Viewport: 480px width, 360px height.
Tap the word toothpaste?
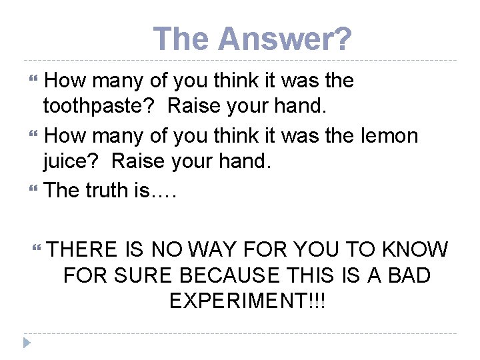tap(101, 107)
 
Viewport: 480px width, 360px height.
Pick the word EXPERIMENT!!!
tap(247, 300)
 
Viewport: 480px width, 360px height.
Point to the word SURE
tap(146, 275)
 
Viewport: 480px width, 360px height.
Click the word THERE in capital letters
tap(83, 249)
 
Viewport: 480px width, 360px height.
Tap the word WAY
tap(213, 249)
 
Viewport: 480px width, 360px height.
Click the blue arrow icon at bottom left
tap(27, 344)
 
